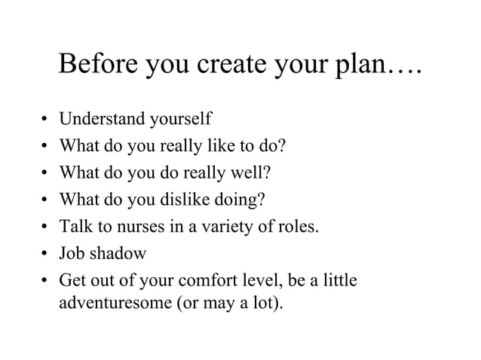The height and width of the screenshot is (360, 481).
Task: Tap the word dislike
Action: pos(192,200)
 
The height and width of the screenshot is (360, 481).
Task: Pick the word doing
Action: pos(244,200)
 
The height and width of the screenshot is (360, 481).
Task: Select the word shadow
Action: pos(119,255)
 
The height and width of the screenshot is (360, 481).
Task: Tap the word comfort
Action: pos(205,282)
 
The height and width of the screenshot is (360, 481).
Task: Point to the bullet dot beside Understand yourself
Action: pos(45,120)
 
